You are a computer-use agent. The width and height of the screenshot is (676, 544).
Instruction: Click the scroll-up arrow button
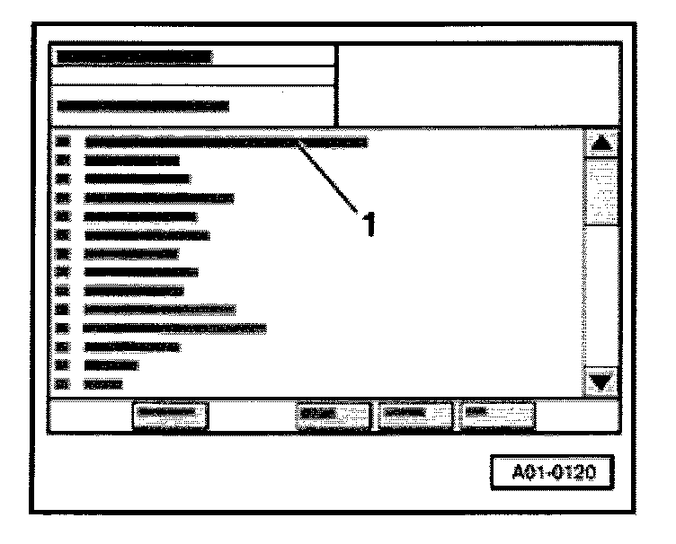(x=601, y=143)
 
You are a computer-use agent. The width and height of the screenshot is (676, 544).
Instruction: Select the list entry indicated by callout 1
(x=225, y=142)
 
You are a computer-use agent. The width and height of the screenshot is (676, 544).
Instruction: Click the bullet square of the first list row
(x=62, y=141)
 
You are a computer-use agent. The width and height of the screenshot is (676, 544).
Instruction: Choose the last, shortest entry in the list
(x=102, y=384)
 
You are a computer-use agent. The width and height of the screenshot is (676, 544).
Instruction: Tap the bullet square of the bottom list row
(x=62, y=384)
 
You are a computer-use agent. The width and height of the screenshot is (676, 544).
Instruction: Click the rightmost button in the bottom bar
(x=497, y=415)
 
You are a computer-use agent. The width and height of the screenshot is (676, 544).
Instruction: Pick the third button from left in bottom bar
(x=415, y=415)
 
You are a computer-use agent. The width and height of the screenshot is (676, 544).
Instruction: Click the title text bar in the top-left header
(x=135, y=56)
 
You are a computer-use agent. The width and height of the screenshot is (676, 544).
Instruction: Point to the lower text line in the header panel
(x=142, y=105)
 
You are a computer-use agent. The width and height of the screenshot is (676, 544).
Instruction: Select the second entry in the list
(x=131, y=162)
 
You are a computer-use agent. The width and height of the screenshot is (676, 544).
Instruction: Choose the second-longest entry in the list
(x=175, y=328)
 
